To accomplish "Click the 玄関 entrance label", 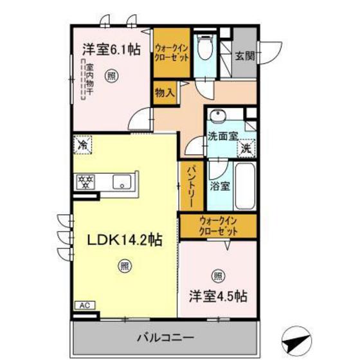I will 244,55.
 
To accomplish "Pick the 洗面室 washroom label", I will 222,136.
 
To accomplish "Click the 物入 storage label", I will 165,92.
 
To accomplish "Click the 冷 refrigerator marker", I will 83,146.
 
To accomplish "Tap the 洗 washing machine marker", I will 246,149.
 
